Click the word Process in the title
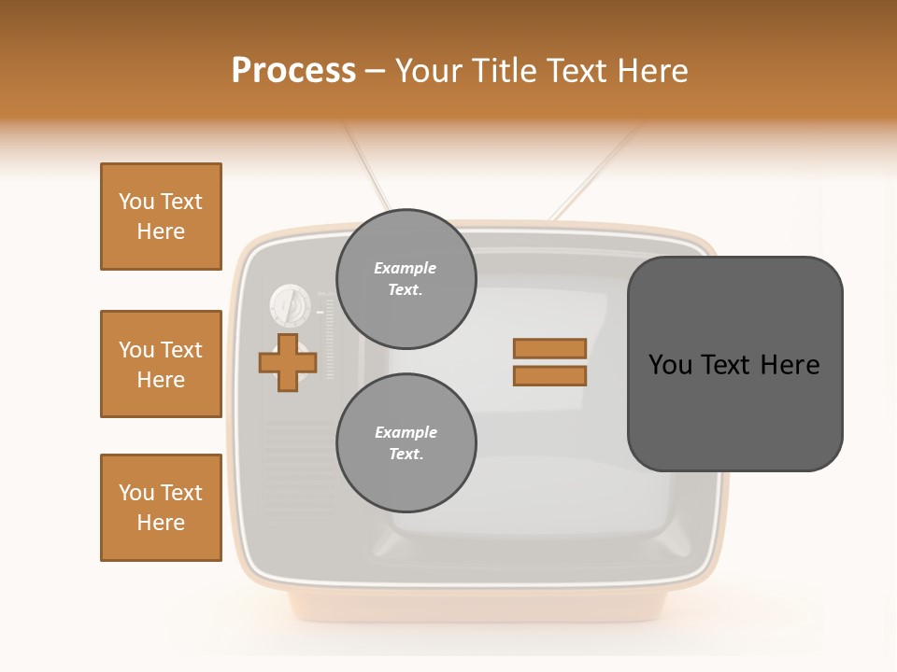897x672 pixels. click(293, 71)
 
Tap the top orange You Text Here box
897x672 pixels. click(161, 217)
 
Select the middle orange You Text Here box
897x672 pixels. click(161, 364)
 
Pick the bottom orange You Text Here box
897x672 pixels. click(161, 507)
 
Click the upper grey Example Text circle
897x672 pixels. click(406, 279)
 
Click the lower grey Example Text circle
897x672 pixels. click(406, 443)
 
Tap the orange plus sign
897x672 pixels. click(287, 362)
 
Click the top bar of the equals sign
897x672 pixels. click(549, 348)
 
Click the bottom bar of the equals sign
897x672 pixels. click(549, 376)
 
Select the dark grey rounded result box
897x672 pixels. click(734, 411)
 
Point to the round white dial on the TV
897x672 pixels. click(290, 303)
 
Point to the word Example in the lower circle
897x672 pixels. click(406, 432)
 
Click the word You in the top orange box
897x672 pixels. click(136, 202)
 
